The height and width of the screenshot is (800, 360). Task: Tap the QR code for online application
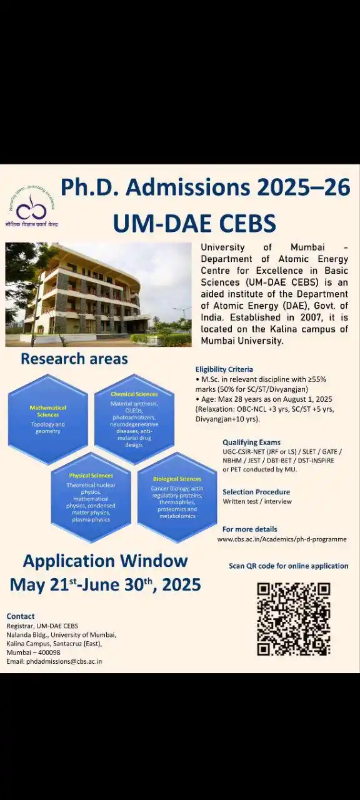tap(293, 618)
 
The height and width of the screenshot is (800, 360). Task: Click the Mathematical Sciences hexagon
tap(47, 419)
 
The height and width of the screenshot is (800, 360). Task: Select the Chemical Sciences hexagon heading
tap(134, 394)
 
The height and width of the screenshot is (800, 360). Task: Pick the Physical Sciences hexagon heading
tap(91, 476)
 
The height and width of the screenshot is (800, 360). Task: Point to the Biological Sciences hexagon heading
tap(177, 479)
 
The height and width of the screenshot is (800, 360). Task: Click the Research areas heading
tap(74, 359)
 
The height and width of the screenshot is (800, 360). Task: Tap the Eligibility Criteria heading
tap(224, 369)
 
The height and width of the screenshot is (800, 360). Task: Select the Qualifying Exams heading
tap(251, 442)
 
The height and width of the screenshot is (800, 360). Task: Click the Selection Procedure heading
tap(256, 492)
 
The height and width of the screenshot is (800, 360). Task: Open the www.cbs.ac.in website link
tap(281, 539)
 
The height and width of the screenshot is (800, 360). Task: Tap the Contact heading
tap(21, 616)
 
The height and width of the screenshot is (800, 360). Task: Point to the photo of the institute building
tap(98, 294)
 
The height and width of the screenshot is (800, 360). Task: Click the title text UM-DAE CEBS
tap(194, 222)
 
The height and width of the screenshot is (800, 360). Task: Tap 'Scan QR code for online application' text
tap(288, 566)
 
